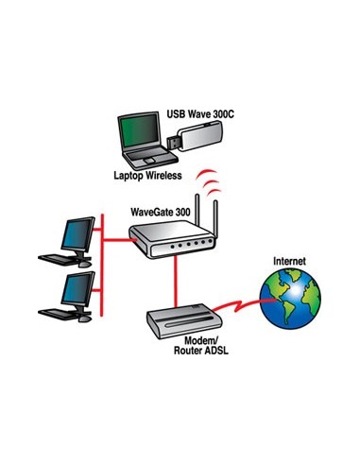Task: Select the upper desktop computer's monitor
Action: tap(75, 232)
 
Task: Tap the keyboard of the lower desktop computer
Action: tap(55, 316)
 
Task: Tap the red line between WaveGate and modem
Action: tap(174, 284)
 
